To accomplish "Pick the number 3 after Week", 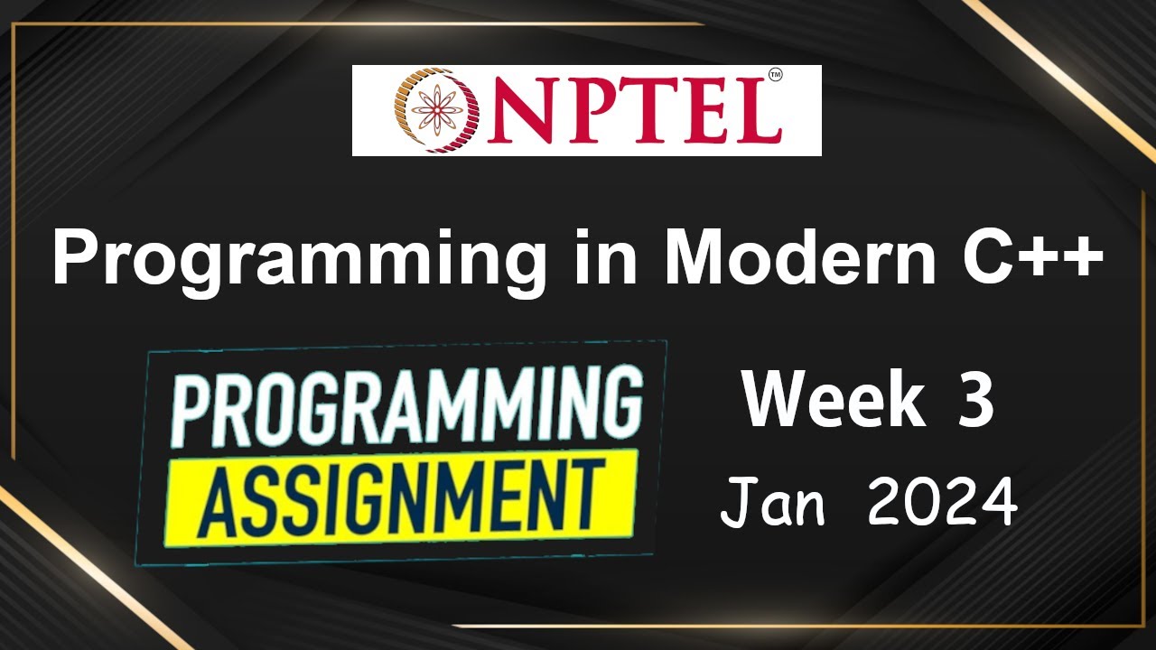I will pos(976,402).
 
